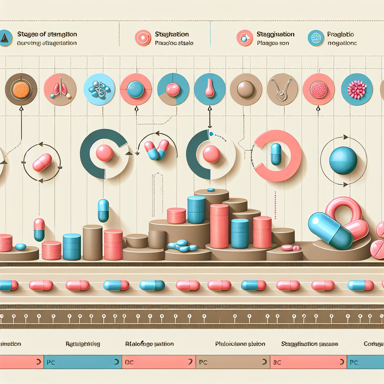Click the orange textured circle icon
point(21,89)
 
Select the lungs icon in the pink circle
point(60,89)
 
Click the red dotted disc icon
point(318,89)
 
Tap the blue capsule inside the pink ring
point(276,154)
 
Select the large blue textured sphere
point(343,160)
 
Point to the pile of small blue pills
point(183,245)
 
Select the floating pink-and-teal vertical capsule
point(39,229)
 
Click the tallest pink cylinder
point(219,226)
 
